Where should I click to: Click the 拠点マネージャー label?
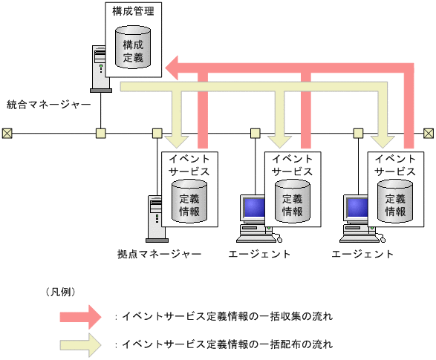(x=159, y=255)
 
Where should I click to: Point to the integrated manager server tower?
(x=99, y=67)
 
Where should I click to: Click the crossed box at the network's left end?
(x=7, y=134)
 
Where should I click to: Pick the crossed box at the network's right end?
(x=429, y=134)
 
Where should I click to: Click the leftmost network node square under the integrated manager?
(x=101, y=134)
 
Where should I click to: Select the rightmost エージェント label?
(x=362, y=255)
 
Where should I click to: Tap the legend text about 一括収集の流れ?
(x=227, y=316)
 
